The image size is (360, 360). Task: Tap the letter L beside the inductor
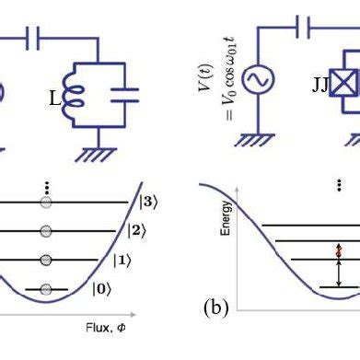[x=54, y=98]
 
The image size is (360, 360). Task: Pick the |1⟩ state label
[x=122, y=261]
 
